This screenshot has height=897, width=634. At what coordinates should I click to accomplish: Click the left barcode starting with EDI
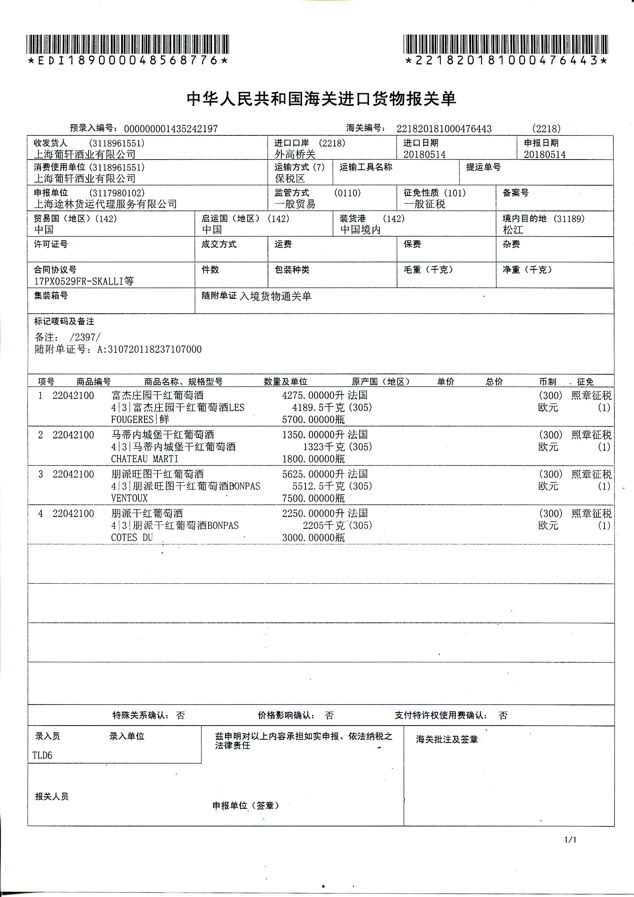pos(128,44)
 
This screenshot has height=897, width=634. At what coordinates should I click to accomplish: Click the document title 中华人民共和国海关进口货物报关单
pos(321,99)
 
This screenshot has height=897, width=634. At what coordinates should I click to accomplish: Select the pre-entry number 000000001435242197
pos(171,129)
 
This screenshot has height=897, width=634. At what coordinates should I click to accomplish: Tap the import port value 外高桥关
pos(295,154)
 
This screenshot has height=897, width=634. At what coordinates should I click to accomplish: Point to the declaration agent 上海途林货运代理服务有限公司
pos(105,204)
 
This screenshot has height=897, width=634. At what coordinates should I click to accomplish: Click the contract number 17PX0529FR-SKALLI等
pos(84,281)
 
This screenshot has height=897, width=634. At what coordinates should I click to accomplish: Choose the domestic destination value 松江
pos(512,230)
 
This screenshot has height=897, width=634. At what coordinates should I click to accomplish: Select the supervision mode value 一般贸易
pos(295,204)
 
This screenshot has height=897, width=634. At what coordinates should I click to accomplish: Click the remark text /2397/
pos(85,337)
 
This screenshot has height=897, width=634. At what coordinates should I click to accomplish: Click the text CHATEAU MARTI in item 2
pos(145,459)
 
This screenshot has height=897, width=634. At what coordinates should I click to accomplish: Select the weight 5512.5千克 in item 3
pos(318,486)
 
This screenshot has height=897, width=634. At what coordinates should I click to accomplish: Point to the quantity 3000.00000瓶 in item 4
pos(313,538)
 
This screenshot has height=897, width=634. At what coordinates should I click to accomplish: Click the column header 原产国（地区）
pos(381,382)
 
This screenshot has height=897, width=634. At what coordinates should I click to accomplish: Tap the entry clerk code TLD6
pos(42,755)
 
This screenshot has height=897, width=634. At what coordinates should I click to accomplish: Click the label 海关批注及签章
pos(447,739)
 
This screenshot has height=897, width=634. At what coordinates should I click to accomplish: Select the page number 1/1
pos(570,839)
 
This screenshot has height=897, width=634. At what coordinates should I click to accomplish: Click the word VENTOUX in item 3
pos(129,498)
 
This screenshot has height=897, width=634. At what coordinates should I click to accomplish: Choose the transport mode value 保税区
pos(290,179)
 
